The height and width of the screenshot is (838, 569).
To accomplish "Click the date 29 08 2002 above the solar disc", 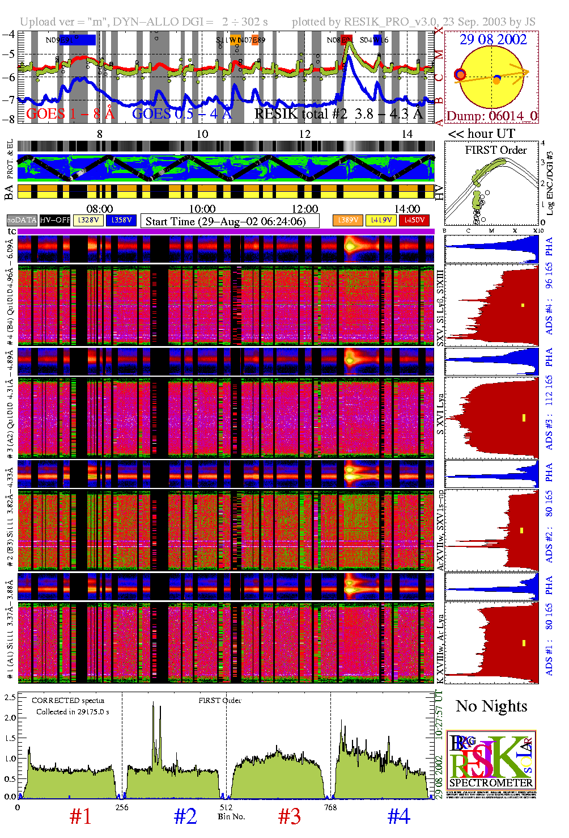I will (492, 40).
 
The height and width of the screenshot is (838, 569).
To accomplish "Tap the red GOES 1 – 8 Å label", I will (70, 114).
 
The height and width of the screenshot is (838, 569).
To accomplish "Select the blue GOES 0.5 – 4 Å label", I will (182, 114).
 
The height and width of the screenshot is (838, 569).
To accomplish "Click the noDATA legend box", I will (22, 220).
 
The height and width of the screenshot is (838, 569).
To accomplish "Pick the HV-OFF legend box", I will (55, 220).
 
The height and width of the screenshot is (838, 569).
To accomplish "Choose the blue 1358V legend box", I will (121, 220).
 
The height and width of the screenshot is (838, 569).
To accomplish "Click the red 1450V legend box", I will (414, 220).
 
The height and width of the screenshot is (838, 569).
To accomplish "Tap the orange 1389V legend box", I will (347, 220).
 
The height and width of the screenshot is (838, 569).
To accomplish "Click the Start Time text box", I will (230, 221).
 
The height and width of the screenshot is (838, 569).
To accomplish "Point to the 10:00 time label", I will (202, 209).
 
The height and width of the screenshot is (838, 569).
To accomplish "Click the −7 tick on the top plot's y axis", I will (9, 100).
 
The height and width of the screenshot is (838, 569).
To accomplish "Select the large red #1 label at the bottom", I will (80, 816).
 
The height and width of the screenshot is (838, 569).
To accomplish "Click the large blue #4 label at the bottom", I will (398, 816).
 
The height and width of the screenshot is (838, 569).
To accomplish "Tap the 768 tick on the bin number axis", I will (330, 807).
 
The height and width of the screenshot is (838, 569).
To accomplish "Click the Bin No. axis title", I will (231, 816).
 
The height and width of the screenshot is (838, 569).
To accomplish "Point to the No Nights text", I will (491, 706).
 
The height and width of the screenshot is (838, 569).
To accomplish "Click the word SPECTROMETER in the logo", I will (491, 783).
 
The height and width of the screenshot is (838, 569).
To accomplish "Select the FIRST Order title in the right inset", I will (496, 150).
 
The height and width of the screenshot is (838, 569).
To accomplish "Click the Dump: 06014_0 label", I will (491, 116).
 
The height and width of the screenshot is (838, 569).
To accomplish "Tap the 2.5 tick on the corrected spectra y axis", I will (10, 697).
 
